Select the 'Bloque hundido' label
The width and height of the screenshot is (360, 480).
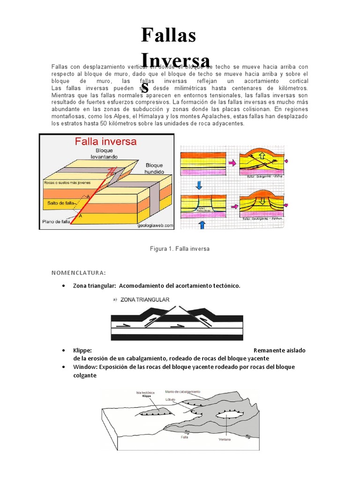click(154, 169)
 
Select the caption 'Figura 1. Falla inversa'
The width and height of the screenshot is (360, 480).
click(180, 249)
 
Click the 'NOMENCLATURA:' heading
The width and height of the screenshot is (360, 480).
click(78, 273)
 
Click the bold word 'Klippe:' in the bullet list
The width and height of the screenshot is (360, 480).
click(82, 351)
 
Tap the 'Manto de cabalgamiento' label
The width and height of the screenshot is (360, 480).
click(183, 391)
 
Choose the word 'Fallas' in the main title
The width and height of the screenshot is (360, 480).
click(169, 36)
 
